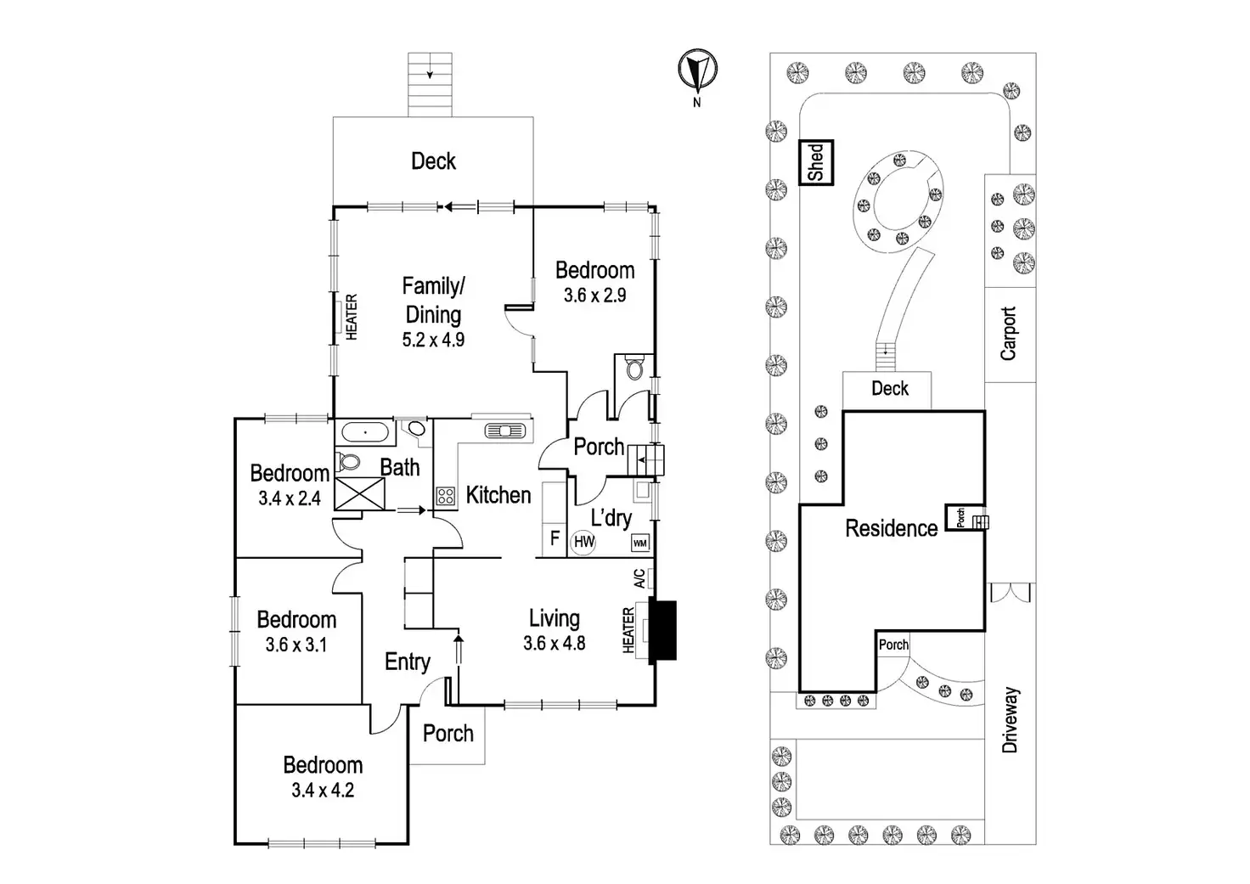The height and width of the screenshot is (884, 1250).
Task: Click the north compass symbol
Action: [697, 70]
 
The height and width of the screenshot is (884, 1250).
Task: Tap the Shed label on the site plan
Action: [818, 162]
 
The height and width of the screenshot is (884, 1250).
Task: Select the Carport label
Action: [1009, 333]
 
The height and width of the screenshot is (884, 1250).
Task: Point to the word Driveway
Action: [1010, 720]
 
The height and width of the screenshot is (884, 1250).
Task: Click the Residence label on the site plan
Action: [891, 528]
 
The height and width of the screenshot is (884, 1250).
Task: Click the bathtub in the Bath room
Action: [367, 433]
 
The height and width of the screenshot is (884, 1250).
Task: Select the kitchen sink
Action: [504, 431]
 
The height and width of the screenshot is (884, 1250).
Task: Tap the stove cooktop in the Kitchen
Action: [445, 497]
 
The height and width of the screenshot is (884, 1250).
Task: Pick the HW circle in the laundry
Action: [583, 542]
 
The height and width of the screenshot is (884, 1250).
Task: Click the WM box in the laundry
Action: [639, 543]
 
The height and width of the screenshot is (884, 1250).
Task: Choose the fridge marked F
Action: [555, 538]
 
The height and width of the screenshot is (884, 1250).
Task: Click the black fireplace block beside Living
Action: [662, 630]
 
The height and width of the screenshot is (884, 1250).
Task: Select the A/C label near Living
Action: [639, 578]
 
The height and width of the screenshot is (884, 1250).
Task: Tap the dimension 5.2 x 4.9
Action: [433, 340]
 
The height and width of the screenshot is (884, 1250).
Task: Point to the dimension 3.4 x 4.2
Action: [323, 791]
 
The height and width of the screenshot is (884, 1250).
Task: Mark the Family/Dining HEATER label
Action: [351, 318]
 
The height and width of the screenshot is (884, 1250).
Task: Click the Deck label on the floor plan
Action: [433, 161]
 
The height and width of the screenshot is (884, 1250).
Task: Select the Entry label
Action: [408, 662]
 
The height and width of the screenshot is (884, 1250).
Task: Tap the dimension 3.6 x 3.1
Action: [296, 645]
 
